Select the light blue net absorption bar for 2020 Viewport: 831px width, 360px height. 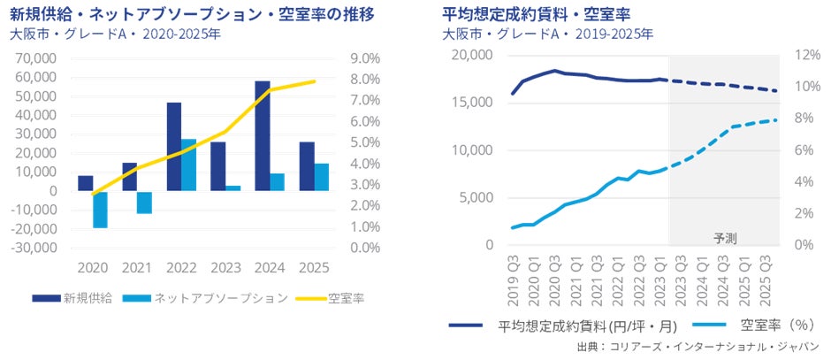pyautogui.click(x=100, y=209)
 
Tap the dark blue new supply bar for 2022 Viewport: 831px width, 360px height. pyautogui.click(x=174, y=147)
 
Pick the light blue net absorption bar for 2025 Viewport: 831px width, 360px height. pyautogui.click(x=321, y=177)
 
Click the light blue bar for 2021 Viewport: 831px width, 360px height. pyautogui.click(x=144, y=202)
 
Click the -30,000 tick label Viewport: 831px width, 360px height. pyautogui.click(x=34, y=248)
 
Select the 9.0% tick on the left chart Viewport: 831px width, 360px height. pyautogui.click(x=365, y=58)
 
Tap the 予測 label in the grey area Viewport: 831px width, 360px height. pyautogui.click(x=725, y=238)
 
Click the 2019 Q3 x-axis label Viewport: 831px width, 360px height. pyautogui.click(x=513, y=272)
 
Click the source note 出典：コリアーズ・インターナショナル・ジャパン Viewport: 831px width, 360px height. pyautogui.click(x=698, y=346)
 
